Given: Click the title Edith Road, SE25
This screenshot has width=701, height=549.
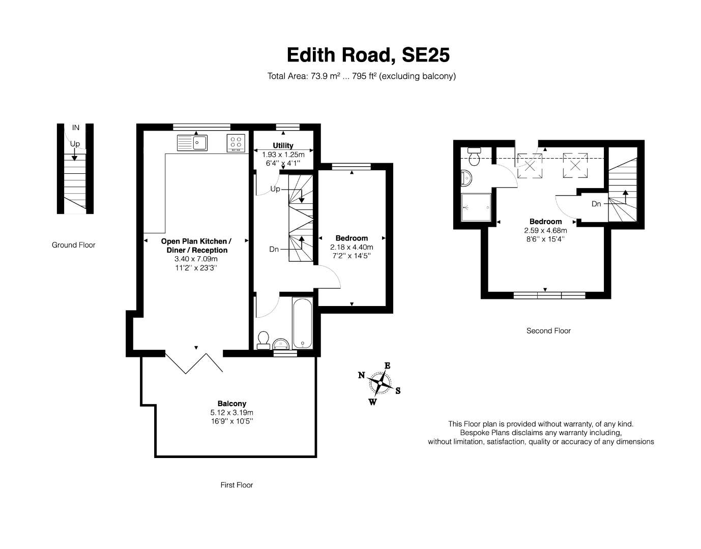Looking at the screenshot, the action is click(368, 55).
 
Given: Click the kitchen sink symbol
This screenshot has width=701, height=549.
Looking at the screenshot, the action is click(192, 142).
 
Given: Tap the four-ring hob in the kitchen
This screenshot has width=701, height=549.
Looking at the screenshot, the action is click(236, 143).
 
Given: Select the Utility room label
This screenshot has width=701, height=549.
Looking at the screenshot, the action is click(283, 145).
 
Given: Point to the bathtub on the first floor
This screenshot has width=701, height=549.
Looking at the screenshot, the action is click(302, 323).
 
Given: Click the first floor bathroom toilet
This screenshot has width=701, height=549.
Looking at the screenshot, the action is click(264, 341).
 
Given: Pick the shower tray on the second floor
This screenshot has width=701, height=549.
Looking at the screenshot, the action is click(476, 207).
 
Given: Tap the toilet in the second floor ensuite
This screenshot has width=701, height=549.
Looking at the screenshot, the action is click(474, 157).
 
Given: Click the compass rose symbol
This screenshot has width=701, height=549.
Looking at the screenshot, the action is click(379, 383).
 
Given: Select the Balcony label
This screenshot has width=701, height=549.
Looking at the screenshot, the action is click(231, 404).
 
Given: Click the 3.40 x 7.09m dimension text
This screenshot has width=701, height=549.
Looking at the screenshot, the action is click(196, 259).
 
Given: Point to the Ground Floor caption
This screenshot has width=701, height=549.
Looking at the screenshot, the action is click(74, 245).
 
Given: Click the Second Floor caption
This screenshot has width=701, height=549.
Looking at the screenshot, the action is click(548, 331).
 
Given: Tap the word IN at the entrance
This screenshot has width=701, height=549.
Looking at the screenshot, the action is click(75, 128).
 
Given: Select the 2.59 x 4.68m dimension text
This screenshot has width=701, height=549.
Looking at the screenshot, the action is click(545, 230).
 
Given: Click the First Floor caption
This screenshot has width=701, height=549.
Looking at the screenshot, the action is click(237, 485).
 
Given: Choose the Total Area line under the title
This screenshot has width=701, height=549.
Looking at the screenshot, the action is click(361, 76).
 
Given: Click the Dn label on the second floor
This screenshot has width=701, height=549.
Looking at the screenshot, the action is click(596, 204).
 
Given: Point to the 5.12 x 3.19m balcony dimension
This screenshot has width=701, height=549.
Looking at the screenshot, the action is click(231, 412).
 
